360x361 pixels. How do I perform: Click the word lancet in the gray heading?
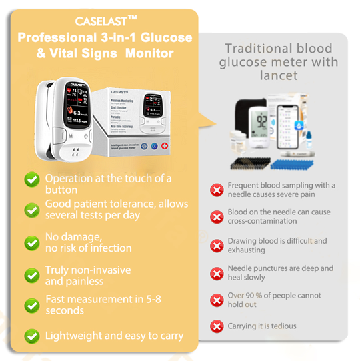279,76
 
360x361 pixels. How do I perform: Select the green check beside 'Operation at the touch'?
31,179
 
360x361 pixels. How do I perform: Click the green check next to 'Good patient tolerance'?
31,210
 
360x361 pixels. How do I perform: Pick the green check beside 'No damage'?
31,242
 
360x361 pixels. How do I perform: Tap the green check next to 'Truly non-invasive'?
31,275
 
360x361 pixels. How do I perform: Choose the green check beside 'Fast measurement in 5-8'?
31,306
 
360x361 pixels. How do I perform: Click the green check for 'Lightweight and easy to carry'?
31,336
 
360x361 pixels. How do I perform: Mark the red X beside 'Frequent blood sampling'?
217,190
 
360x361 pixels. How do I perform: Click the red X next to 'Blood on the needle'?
217,216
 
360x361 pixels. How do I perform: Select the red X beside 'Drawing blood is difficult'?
217,246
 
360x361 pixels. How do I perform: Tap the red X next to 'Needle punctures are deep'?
217,273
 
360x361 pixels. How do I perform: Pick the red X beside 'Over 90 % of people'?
217,300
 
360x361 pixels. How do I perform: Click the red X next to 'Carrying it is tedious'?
217,326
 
